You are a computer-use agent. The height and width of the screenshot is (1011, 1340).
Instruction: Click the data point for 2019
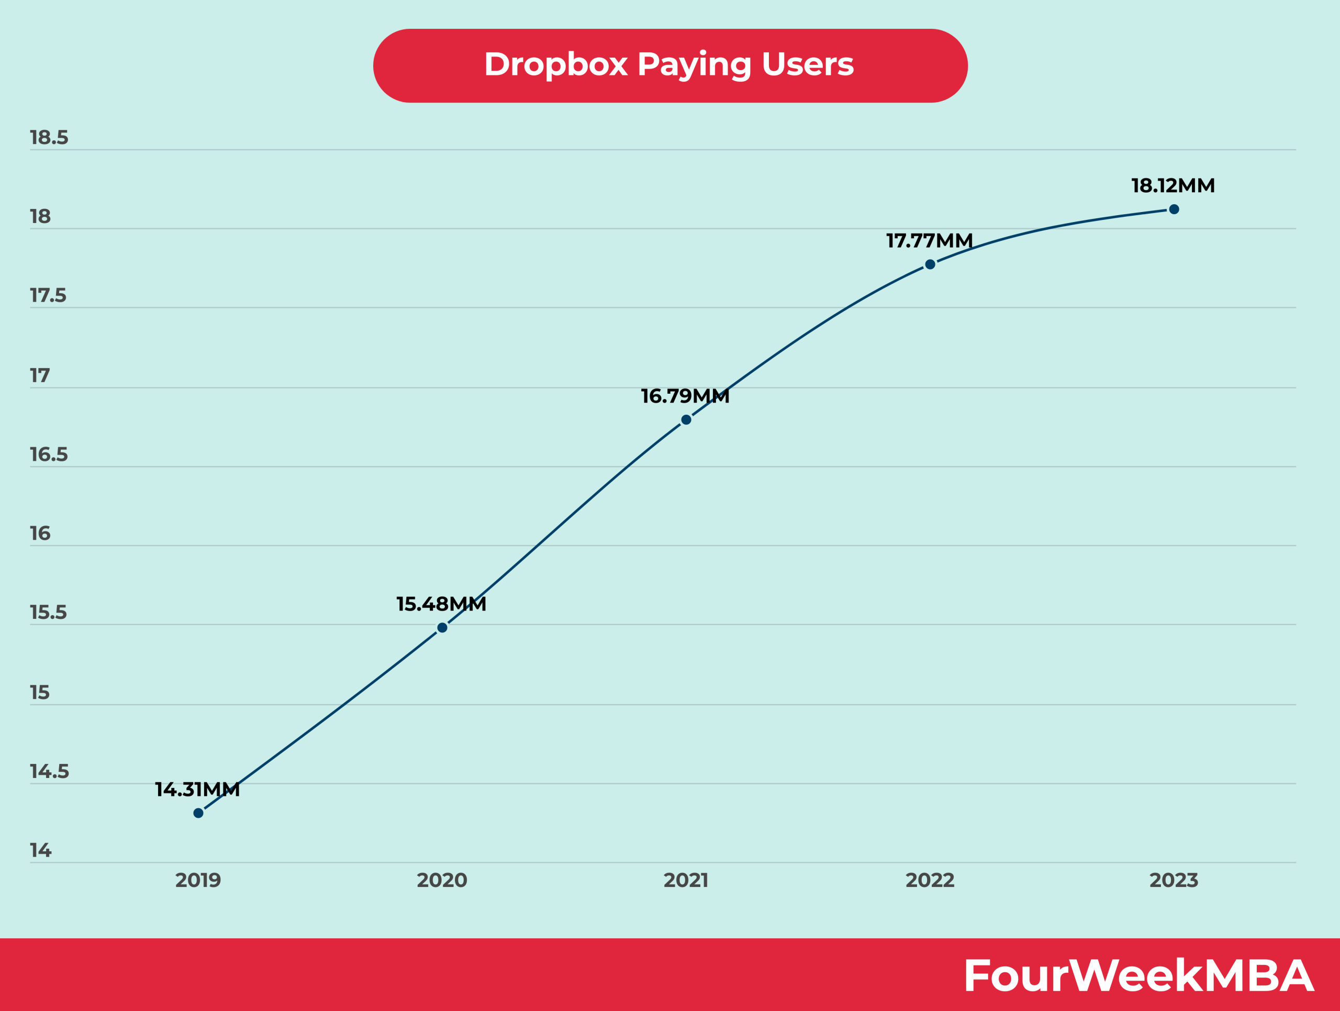point(198,813)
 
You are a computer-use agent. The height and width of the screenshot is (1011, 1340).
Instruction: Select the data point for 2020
point(442,628)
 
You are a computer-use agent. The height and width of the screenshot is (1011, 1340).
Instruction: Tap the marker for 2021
point(686,420)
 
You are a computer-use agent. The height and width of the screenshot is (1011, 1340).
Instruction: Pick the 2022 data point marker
point(930,264)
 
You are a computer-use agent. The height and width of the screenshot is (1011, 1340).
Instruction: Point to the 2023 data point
point(1174,209)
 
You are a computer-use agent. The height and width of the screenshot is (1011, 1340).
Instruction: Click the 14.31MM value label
point(197,790)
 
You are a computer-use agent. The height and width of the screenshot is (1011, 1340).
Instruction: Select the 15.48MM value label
point(441,604)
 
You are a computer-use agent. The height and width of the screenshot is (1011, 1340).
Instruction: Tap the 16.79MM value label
point(685,396)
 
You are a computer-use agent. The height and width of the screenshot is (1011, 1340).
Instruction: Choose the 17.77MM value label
point(929,240)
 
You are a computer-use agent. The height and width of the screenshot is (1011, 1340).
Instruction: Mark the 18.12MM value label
point(1173,185)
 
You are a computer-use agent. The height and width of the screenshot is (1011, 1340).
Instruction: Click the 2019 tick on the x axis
point(198,880)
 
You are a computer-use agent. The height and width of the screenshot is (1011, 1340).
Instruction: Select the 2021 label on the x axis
point(686,880)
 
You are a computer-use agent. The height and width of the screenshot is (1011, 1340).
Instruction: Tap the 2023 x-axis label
point(1174,880)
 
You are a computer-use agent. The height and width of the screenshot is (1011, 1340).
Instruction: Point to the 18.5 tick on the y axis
point(49,138)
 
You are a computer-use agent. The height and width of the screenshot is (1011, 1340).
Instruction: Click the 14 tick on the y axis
point(41,850)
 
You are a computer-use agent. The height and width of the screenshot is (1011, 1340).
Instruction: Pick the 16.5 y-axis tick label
point(49,454)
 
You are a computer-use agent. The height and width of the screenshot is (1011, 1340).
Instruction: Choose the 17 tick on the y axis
point(40,375)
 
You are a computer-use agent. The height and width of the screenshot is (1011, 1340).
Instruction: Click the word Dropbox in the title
point(555,64)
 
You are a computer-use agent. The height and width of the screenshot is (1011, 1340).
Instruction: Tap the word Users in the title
point(807,64)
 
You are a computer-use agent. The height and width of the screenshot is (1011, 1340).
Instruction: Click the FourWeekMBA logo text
point(1138,975)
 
